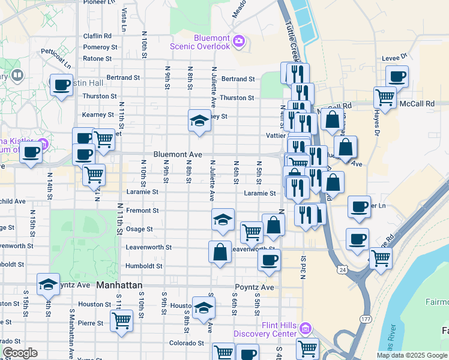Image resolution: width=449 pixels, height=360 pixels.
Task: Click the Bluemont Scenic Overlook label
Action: click(212, 41)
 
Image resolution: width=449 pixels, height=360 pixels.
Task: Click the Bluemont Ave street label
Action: click(177, 154)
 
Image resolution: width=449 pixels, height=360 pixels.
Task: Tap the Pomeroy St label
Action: click(97, 47)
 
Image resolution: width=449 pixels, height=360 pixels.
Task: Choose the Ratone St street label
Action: click(97, 59)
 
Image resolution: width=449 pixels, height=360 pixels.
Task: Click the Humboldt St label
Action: click(143, 266)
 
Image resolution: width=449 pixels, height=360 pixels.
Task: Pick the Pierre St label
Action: click(91, 323)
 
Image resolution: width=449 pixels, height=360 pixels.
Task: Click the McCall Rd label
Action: click(417, 104)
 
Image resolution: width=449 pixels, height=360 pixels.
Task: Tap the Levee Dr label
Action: click(394, 58)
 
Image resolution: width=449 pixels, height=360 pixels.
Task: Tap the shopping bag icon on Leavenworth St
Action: click(220, 251)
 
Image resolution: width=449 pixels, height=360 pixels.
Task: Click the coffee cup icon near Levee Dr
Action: click(397, 77)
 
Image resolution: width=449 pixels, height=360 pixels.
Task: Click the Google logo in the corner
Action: click(20, 353)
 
